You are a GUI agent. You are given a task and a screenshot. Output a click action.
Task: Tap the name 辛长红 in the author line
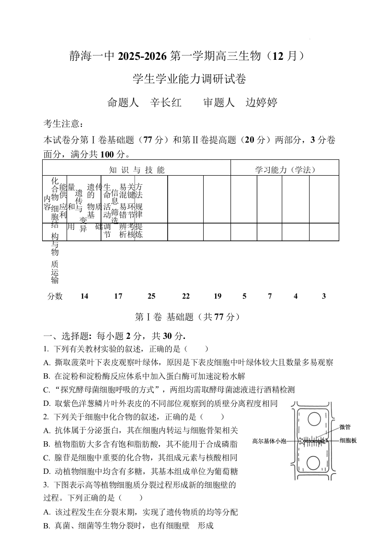(x=166, y=102)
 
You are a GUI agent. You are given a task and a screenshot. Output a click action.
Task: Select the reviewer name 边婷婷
(x=262, y=102)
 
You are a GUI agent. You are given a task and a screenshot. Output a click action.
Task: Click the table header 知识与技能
(x=137, y=169)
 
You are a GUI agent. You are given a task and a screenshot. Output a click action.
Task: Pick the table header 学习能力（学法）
(x=285, y=169)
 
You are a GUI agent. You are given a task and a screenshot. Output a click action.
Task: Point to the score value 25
(x=151, y=296)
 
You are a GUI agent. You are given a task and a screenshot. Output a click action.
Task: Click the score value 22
(x=186, y=296)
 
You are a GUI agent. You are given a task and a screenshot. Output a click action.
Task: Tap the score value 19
(x=218, y=296)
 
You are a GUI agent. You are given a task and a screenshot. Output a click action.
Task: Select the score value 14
(x=84, y=296)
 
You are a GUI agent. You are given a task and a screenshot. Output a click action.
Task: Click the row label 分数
(x=55, y=296)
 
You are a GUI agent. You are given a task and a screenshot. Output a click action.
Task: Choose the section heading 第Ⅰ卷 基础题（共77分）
(x=188, y=317)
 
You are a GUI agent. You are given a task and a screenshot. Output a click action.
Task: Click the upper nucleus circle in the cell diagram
(x=314, y=420)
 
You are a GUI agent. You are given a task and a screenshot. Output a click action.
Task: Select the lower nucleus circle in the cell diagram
(x=313, y=463)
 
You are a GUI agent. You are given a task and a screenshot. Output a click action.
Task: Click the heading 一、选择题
(x=67, y=336)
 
